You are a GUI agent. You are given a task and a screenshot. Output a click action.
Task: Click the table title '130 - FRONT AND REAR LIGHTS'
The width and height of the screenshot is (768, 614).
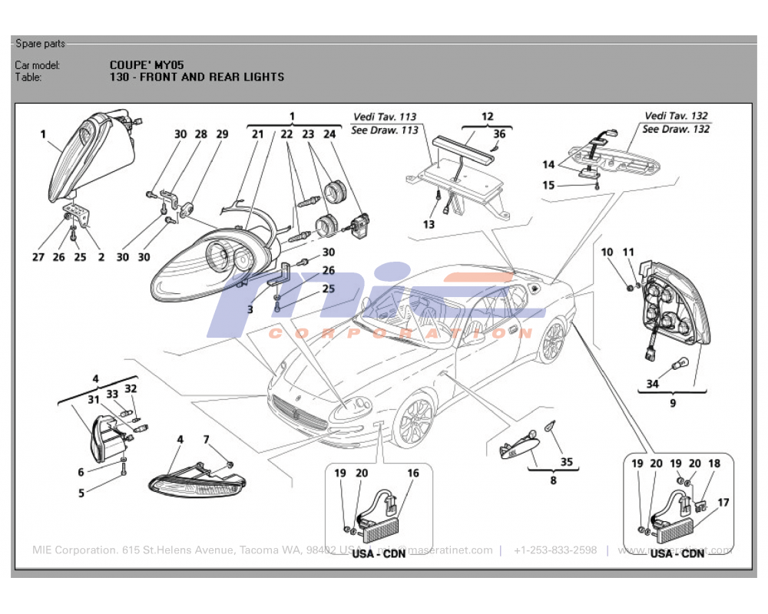pyautogui.click(x=197, y=77)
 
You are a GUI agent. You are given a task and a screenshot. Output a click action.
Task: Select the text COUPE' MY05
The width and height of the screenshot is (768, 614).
pyautogui.click(x=147, y=65)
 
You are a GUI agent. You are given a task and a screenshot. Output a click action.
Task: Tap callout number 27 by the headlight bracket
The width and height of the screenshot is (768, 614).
pyautogui.click(x=38, y=257)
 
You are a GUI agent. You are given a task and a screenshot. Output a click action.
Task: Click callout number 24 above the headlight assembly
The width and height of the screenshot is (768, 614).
pyautogui.click(x=330, y=134)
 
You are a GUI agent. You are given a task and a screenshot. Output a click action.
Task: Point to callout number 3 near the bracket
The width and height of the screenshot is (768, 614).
pyautogui.click(x=250, y=309)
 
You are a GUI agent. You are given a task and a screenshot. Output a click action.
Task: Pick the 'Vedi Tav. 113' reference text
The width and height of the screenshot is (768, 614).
pyautogui.click(x=385, y=117)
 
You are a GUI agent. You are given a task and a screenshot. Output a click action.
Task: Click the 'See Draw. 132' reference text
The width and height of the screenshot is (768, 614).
pyautogui.click(x=676, y=129)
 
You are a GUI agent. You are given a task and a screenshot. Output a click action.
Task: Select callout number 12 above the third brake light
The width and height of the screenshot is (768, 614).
pyautogui.click(x=487, y=117)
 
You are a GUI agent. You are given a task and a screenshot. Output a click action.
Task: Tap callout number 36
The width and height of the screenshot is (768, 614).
pyautogui.click(x=499, y=134)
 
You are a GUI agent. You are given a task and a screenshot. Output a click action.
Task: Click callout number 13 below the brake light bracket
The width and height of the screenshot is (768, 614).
pyautogui.click(x=429, y=224)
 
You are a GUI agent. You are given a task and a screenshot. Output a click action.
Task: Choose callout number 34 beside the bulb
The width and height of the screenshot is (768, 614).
pyautogui.click(x=652, y=384)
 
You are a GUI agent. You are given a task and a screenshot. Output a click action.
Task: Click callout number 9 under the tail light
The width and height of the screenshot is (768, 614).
pyautogui.click(x=672, y=401)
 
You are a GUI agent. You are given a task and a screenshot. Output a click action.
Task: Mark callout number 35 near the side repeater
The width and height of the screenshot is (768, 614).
pyautogui.click(x=566, y=462)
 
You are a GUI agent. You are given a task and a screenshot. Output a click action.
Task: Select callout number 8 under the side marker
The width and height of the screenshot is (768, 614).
pyautogui.click(x=552, y=481)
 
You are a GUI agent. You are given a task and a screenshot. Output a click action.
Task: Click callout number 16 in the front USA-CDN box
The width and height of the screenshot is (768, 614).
pyautogui.click(x=413, y=474)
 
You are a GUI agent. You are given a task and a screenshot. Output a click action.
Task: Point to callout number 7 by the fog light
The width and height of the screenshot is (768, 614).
pyautogui.click(x=206, y=440)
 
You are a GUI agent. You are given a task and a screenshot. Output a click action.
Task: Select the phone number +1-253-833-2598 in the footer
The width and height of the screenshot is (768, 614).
pyautogui.click(x=554, y=550)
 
